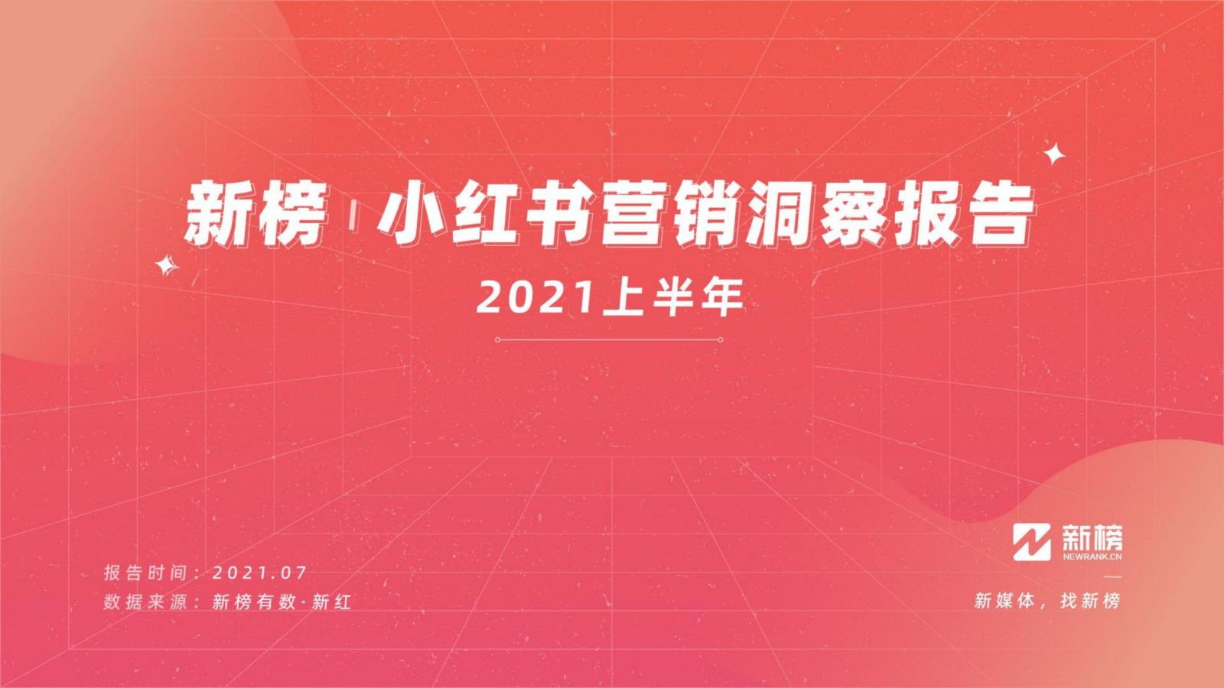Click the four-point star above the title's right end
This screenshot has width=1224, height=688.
(x=1054, y=154)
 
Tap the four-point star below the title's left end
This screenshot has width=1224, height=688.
(x=167, y=266)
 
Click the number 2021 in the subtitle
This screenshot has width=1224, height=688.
(x=535, y=298)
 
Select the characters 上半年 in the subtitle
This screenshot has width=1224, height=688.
(x=672, y=298)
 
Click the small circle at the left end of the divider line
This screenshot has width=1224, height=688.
(x=497, y=339)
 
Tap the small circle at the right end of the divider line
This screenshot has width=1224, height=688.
(x=721, y=339)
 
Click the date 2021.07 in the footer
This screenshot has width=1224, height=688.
(x=259, y=573)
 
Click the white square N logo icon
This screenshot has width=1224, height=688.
(x=1032, y=542)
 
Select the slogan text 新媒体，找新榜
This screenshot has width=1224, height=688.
(x=1047, y=601)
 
